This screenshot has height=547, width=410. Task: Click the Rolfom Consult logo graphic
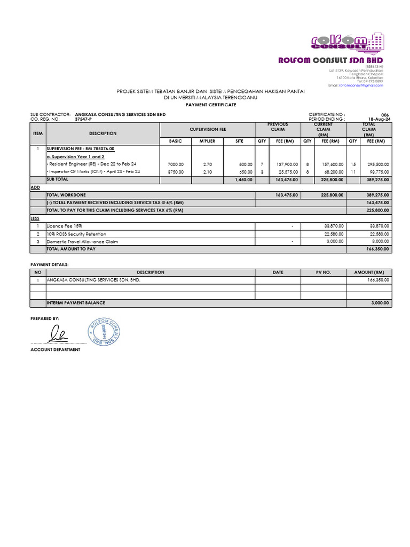[347, 43]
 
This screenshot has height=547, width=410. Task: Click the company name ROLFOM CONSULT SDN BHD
[330, 60]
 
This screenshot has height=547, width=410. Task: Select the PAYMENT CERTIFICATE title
[210, 105]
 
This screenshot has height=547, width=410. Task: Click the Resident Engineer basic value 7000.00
[175, 164]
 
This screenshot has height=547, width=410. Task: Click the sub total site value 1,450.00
[243, 180]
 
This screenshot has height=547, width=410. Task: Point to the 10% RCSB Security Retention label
[76, 234]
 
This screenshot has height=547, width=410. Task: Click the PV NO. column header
[324, 272]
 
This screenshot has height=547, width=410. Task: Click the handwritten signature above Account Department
[58, 335]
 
